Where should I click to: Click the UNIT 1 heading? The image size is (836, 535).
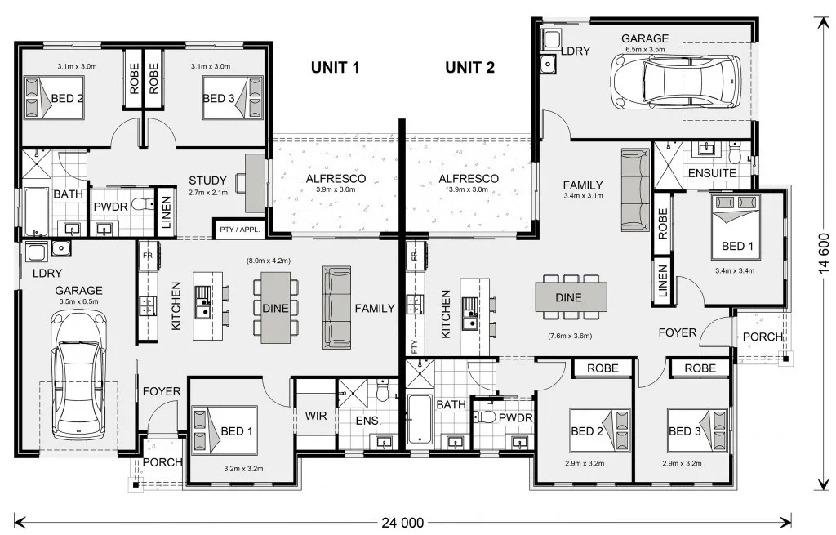335,67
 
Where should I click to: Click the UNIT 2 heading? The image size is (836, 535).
469,67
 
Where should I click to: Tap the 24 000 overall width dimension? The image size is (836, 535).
402,523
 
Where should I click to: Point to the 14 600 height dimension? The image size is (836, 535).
824,253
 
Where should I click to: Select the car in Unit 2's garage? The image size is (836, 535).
676,81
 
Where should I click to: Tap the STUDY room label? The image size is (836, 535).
207,181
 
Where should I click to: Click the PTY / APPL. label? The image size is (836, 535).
240,230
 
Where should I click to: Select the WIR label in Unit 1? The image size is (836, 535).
316,416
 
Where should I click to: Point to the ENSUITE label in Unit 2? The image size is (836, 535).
712,173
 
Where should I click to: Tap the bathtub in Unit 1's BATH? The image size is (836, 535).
36,212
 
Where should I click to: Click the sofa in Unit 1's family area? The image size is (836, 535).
336,308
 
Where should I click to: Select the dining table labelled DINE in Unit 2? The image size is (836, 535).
571,297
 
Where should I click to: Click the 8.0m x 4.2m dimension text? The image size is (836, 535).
268,261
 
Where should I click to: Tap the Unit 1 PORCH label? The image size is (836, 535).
162,462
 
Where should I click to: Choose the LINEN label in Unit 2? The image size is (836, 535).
663,281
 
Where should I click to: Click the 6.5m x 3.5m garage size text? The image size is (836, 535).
645,49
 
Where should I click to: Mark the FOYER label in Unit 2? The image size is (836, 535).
677,332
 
